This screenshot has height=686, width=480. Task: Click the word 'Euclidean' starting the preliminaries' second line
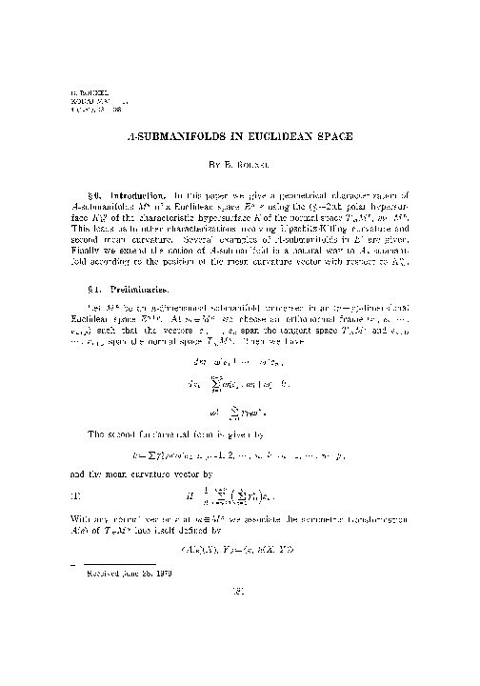(x=77, y=296)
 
